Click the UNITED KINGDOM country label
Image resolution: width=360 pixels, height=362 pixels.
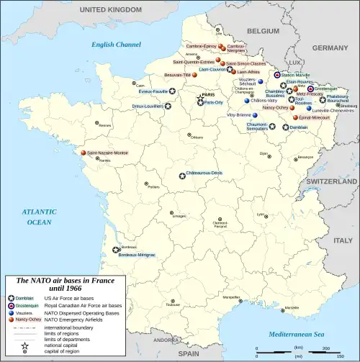109,9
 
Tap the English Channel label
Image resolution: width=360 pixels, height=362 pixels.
116,45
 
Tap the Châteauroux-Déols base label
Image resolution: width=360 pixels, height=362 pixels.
204,173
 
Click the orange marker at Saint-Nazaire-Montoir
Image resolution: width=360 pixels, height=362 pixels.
84,153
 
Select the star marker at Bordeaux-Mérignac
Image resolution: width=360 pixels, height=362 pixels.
116,250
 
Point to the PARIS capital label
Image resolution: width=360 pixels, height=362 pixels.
208,94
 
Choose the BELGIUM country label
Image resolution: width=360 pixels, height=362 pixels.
263,31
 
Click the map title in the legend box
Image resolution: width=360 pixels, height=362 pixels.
66,284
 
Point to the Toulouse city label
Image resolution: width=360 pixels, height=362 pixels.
172,305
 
